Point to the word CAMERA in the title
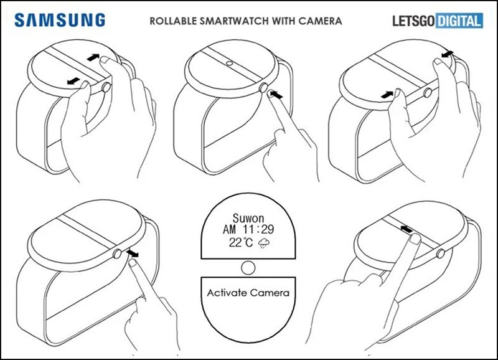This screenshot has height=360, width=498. [322, 21]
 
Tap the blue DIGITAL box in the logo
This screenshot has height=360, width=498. [458, 21]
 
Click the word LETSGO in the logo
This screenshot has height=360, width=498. [411, 21]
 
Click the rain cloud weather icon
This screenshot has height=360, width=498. [266, 244]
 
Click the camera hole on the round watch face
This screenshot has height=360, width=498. [230, 64]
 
